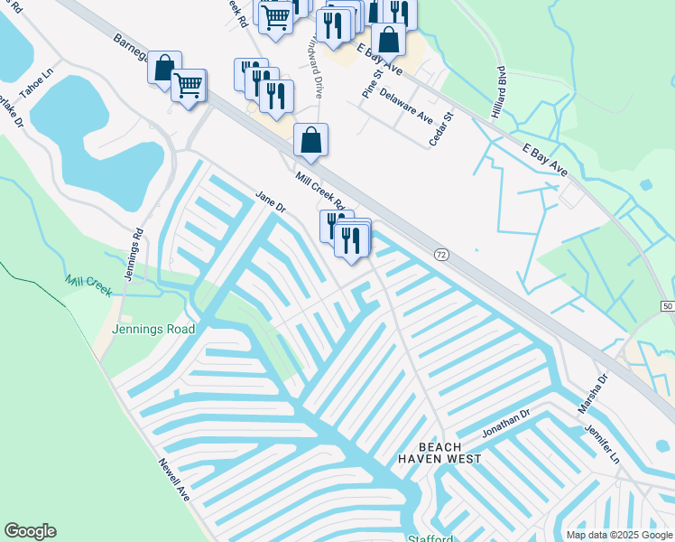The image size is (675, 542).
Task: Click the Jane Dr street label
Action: tap(270, 201)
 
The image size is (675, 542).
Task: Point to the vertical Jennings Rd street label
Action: tap(134, 254)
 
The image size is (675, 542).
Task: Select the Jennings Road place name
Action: tap(153, 330)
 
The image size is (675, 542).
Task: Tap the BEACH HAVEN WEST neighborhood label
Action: tap(440, 453)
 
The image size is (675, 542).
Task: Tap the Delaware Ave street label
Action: tap(407, 106)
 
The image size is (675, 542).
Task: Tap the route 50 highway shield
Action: tap(666, 308)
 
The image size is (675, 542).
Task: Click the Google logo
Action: tap(30, 531)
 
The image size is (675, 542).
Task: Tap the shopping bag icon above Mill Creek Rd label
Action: tap(310, 140)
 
